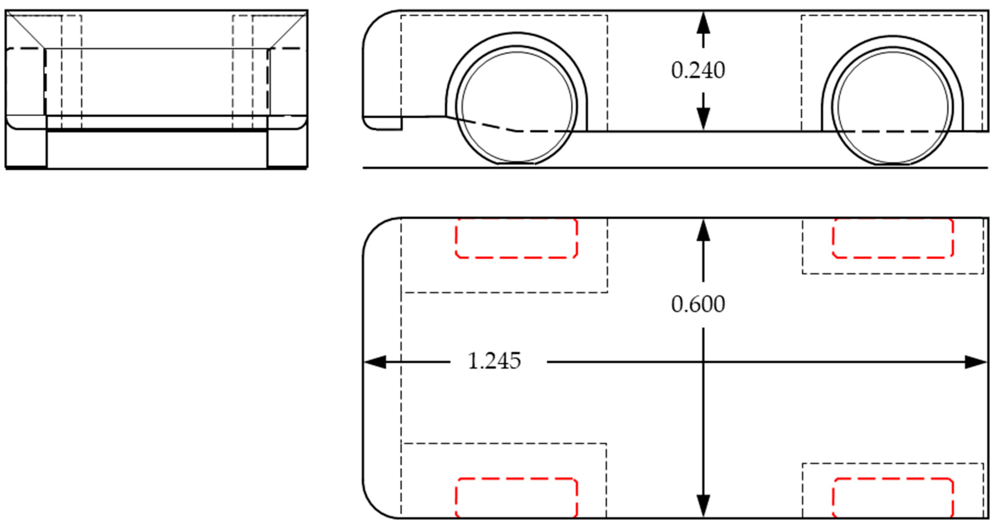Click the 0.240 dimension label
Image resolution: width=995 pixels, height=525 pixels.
point(698,71)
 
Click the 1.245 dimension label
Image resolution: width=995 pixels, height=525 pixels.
point(494,361)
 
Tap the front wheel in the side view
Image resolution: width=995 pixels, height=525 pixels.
point(517,106)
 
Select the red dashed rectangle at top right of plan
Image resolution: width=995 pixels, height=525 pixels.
point(893,238)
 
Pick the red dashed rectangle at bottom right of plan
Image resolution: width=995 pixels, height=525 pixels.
point(893,498)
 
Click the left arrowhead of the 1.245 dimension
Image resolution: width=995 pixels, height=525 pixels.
point(374,362)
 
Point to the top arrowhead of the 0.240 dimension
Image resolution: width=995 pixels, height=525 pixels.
point(703,23)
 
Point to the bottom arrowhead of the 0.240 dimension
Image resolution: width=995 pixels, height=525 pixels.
point(703,119)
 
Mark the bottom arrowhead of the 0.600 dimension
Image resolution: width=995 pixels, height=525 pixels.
point(703,506)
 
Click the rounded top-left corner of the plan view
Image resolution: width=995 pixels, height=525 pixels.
point(375,230)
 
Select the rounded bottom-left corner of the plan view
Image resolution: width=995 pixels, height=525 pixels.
point(375,506)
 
